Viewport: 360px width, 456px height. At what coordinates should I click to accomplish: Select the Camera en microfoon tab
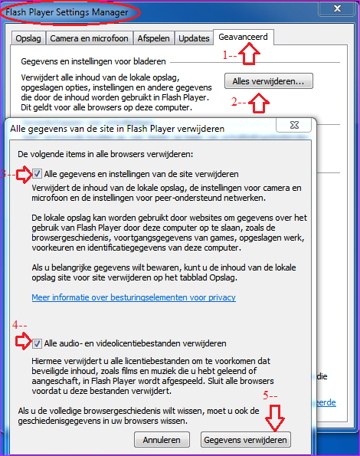89,38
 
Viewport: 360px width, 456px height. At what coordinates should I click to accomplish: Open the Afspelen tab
153,38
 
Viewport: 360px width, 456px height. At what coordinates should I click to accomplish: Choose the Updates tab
194,38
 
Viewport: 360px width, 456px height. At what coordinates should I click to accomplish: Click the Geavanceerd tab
244,36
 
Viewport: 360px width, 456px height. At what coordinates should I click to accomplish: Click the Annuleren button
161,440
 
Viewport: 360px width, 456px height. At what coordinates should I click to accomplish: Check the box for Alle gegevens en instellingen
38,174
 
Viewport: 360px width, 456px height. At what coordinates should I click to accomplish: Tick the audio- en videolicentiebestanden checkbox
38,343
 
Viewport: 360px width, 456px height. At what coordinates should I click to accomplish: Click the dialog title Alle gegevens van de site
118,129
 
